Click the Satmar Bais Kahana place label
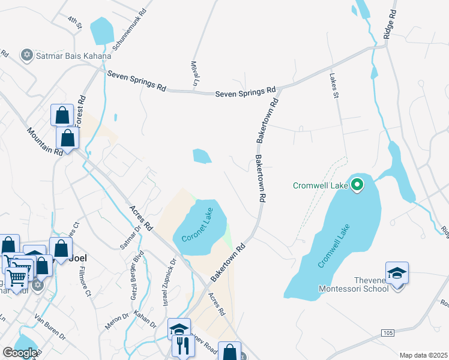(x=74, y=56)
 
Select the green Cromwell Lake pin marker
(x=357, y=185)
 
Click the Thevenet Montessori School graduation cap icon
(x=397, y=273)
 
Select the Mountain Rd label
(x=46, y=140)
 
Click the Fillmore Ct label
(x=83, y=284)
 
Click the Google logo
(x=20, y=353)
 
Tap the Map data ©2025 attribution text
(x=423, y=355)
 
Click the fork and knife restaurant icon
(x=182, y=346)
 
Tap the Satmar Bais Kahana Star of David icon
(x=26, y=56)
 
